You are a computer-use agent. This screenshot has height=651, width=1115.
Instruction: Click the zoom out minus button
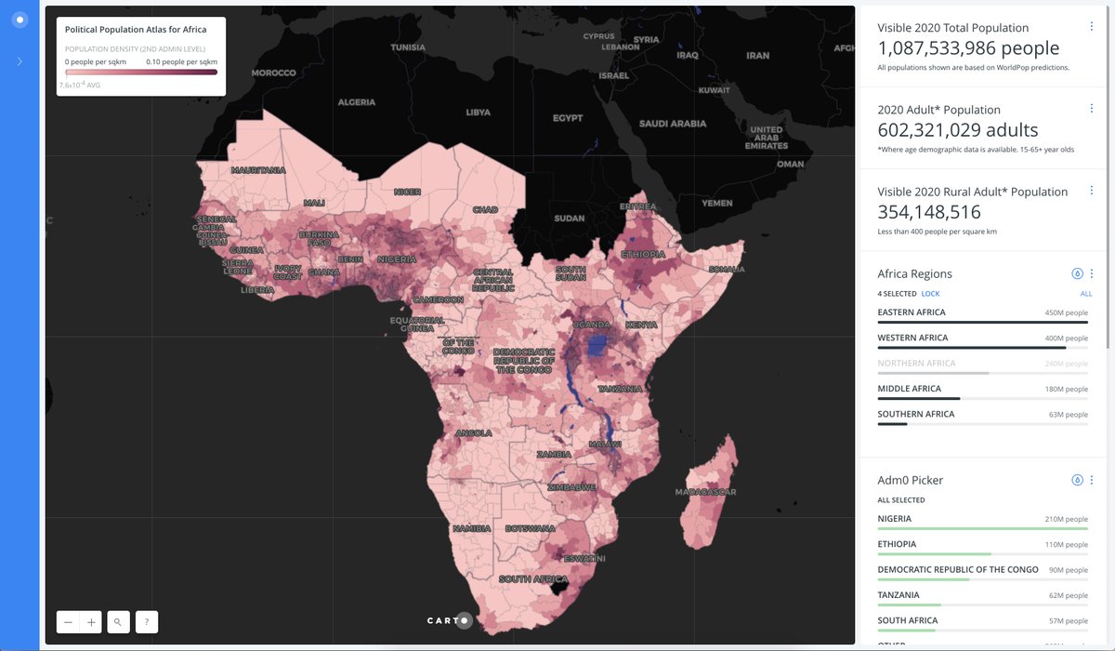click(68, 622)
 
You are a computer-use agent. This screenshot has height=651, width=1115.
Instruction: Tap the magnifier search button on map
click(118, 622)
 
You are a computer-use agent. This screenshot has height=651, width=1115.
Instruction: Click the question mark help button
click(146, 622)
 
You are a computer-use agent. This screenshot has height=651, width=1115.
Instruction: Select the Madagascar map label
click(705, 492)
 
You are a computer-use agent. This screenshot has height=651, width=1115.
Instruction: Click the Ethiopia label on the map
click(643, 254)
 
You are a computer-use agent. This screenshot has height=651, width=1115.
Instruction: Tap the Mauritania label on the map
click(258, 171)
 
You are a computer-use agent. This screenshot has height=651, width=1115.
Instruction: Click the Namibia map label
click(470, 528)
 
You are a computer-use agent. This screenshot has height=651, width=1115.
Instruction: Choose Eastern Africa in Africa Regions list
click(912, 312)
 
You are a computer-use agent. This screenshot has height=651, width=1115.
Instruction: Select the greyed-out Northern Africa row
click(916, 364)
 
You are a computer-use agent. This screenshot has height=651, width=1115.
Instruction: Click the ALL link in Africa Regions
click(1085, 293)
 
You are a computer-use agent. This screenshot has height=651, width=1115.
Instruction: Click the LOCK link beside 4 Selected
click(930, 293)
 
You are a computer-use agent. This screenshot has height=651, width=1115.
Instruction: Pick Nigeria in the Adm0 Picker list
click(895, 519)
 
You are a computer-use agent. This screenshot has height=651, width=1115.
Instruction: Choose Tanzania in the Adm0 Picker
click(899, 595)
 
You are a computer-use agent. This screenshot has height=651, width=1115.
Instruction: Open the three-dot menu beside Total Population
click(1091, 27)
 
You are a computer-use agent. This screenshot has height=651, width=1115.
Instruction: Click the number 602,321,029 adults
click(957, 130)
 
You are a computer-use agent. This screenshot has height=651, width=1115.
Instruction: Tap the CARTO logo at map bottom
click(450, 620)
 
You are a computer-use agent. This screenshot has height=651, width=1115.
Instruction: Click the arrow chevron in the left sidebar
click(20, 61)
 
